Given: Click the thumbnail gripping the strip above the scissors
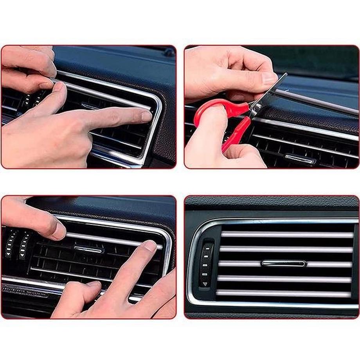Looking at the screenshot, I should tap(269, 78).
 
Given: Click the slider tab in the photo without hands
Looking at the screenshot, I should tap(284, 263).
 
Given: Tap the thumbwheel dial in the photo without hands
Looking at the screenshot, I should tap(206, 264).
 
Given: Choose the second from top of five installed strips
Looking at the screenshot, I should tap(286, 249).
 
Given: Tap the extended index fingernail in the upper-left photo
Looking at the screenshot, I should tap(146, 116).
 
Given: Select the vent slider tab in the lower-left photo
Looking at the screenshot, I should tap(88, 249).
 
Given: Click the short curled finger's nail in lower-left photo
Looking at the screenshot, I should tap(94, 284).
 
